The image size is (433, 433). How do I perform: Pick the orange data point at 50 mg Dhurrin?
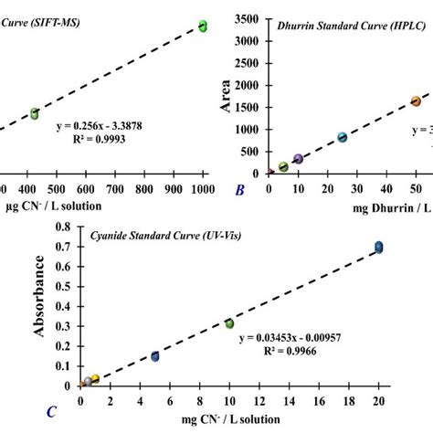pyautogui.click(x=416, y=101)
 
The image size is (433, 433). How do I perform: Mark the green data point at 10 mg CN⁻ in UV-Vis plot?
pyautogui.click(x=229, y=323)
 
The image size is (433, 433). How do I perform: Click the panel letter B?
pyautogui.click(x=239, y=191)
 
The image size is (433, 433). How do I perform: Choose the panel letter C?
pyautogui.click(x=53, y=412)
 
